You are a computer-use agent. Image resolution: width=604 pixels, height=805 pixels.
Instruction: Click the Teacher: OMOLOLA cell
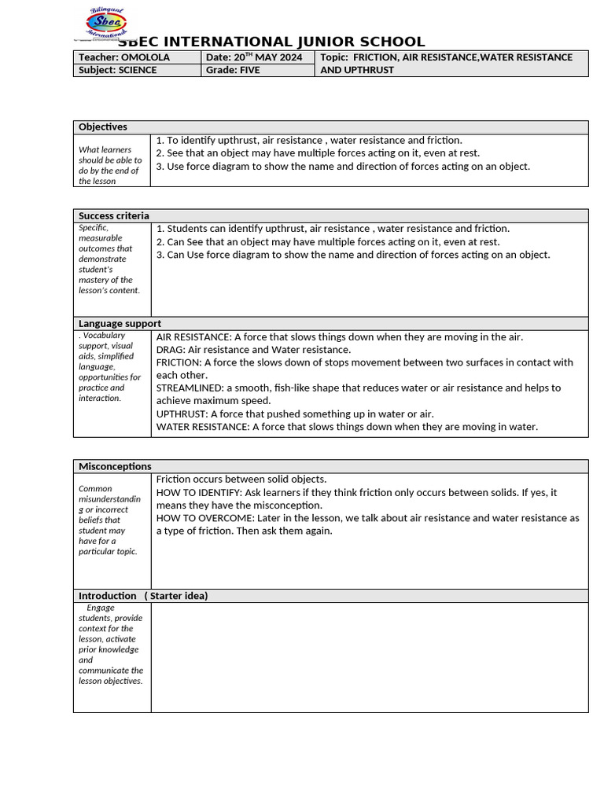[x=123, y=57]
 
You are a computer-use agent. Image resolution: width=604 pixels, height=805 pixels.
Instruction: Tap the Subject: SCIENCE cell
[x=117, y=70]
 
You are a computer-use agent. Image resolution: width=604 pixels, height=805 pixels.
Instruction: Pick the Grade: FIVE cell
[x=233, y=70]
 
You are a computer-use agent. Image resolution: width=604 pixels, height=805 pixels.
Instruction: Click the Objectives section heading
[x=103, y=127]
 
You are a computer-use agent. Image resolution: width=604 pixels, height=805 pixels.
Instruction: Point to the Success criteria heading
[x=114, y=215]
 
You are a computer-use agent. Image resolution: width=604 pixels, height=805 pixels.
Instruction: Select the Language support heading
[x=120, y=323]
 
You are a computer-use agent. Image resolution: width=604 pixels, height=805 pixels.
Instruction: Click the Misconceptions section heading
[x=115, y=466]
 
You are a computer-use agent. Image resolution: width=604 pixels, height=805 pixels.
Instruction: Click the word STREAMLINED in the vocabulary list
[x=190, y=388]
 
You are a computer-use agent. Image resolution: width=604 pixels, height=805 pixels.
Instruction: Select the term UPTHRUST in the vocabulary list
[x=182, y=414]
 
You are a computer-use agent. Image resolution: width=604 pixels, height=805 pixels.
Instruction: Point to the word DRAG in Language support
[x=170, y=349]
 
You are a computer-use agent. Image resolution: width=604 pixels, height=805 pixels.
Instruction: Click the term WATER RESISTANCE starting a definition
[x=202, y=427]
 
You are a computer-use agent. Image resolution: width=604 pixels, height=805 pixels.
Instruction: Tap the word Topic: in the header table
[x=334, y=57]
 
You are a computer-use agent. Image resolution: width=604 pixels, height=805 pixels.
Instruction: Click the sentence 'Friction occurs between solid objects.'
[x=241, y=479]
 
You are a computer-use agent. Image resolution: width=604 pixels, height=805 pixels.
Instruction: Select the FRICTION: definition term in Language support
[x=179, y=362]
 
